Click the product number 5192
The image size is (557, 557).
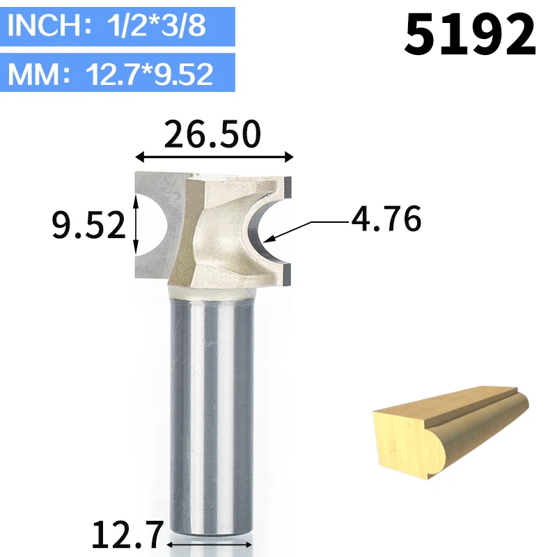pos(469,34)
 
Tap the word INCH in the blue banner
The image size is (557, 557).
pos(45,25)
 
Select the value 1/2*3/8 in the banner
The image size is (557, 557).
pos(156,25)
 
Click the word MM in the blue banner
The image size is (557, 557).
pos(33,74)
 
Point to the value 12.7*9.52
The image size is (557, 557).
pos(149,74)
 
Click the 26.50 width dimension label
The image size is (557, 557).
pos(212,134)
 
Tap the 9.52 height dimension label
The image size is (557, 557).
pos(88,224)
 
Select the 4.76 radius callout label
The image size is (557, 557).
pos(386,219)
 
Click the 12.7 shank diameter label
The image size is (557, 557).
pos(128,535)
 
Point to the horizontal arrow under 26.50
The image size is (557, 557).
pos(214,156)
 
